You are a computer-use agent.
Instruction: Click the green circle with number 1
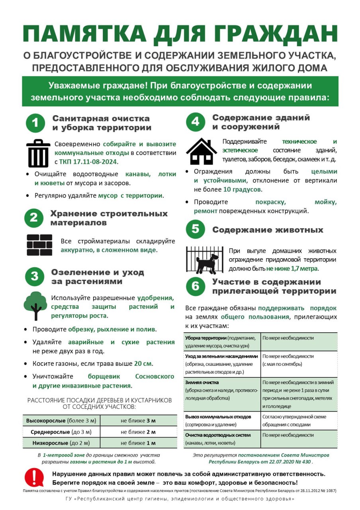(35, 123)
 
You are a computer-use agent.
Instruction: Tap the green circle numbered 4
(195, 122)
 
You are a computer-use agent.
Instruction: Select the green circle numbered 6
(195, 286)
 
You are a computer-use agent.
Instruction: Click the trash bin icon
(38, 153)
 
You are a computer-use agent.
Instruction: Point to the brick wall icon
(39, 245)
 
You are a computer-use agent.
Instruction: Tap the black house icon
(202, 151)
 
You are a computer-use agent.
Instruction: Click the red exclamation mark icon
(34, 477)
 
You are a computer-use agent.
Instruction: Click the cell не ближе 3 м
(138, 421)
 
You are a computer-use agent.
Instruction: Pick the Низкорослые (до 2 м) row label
(61, 443)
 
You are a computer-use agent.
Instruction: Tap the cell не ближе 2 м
(138, 432)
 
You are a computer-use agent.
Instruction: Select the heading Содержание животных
(268, 230)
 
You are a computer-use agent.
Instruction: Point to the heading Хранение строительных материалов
(109, 218)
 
